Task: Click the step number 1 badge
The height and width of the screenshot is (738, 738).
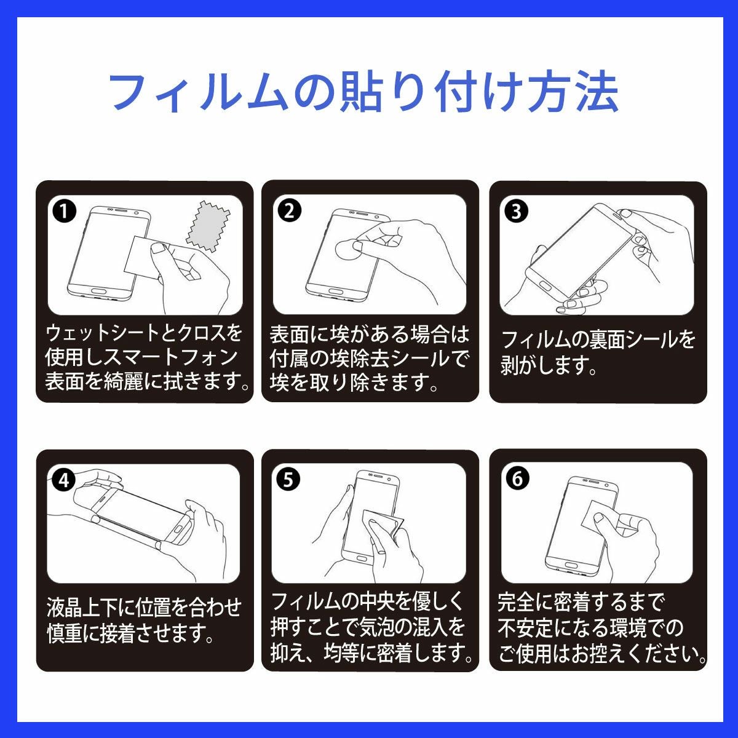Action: coord(65,212)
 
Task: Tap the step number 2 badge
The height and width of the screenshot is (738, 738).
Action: coord(289,212)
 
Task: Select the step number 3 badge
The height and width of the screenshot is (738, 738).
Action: coord(516,212)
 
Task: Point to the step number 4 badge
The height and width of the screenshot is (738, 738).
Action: coord(65,480)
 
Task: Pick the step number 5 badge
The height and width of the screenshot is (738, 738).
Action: coord(288,480)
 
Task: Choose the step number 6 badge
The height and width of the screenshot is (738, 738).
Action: coord(517,479)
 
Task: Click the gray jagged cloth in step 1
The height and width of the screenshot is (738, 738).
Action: coord(208,226)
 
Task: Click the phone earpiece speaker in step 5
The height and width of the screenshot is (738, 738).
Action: coord(378,476)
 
